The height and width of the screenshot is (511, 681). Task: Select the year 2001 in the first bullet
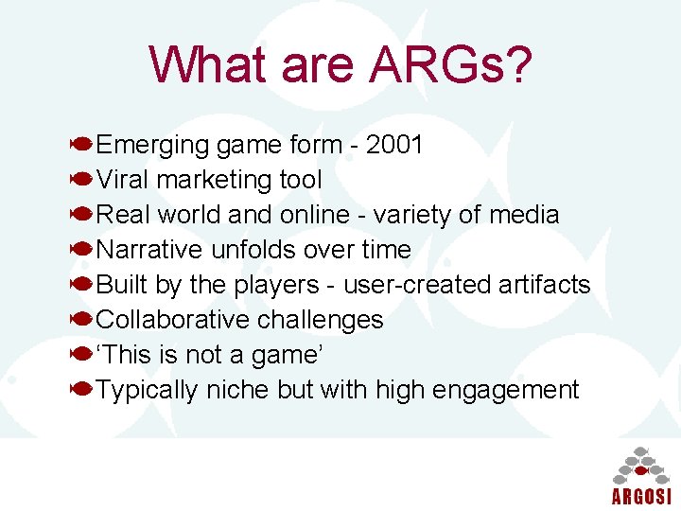coord(394,145)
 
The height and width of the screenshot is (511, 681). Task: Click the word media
coord(524,215)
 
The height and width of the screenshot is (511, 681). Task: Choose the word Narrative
coord(150,250)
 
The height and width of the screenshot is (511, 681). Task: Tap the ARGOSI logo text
coord(640,497)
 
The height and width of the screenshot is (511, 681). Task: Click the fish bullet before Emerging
coord(81,145)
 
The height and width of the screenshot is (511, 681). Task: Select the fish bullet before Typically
coord(81,389)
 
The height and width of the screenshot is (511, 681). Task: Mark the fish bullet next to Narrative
coord(81,250)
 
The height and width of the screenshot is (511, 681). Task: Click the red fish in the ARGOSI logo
coord(640,470)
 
